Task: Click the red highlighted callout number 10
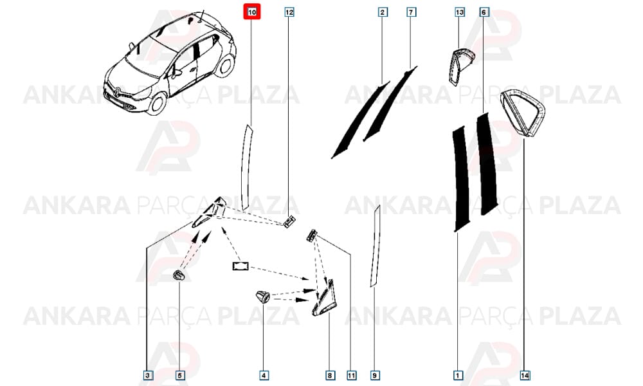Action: (x=252, y=12)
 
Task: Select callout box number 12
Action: (x=289, y=12)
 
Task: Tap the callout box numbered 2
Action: (x=382, y=12)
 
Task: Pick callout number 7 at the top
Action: (x=411, y=12)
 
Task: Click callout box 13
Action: (x=459, y=12)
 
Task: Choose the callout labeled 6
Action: (x=484, y=12)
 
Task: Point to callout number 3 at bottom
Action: (x=148, y=375)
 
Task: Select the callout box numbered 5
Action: (x=179, y=375)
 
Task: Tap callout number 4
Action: (x=264, y=375)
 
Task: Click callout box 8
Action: (x=330, y=375)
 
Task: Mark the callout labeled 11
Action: (x=352, y=375)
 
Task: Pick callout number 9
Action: (x=374, y=375)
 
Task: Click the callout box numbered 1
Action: (x=458, y=375)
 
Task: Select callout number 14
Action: (x=525, y=375)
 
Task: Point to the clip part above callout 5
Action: (x=179, y=275)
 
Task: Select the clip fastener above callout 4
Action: (x=262, y=296)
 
